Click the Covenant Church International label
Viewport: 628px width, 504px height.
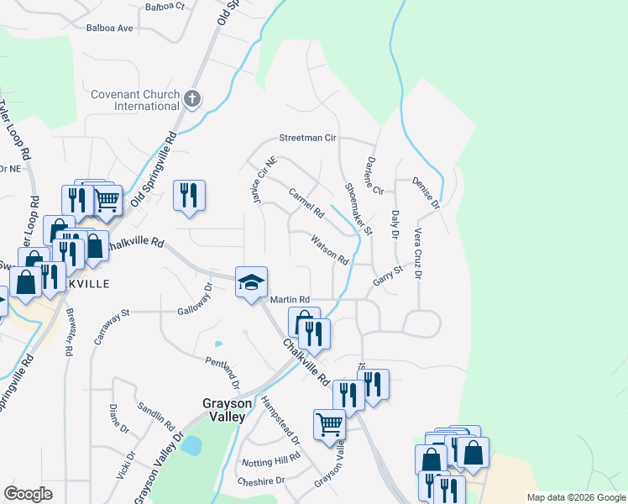(x=135, y=100)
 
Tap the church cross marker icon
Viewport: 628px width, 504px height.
(x=192, y=100)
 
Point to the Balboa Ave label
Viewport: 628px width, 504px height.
(x=110, y=28)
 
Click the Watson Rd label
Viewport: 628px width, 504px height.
(x=329, y=250)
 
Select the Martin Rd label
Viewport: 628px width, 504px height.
(x=290, y=300)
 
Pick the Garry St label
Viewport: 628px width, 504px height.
(x=389, y=276)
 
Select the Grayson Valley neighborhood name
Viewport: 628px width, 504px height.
(x=224, y=409)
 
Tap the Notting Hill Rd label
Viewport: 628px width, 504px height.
(x=270, y=461)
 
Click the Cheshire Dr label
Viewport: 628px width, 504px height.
(x=261, y=480)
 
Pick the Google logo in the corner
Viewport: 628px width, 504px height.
(x=28, y=494)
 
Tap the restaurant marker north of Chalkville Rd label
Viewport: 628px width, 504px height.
(x=189, y=195)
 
